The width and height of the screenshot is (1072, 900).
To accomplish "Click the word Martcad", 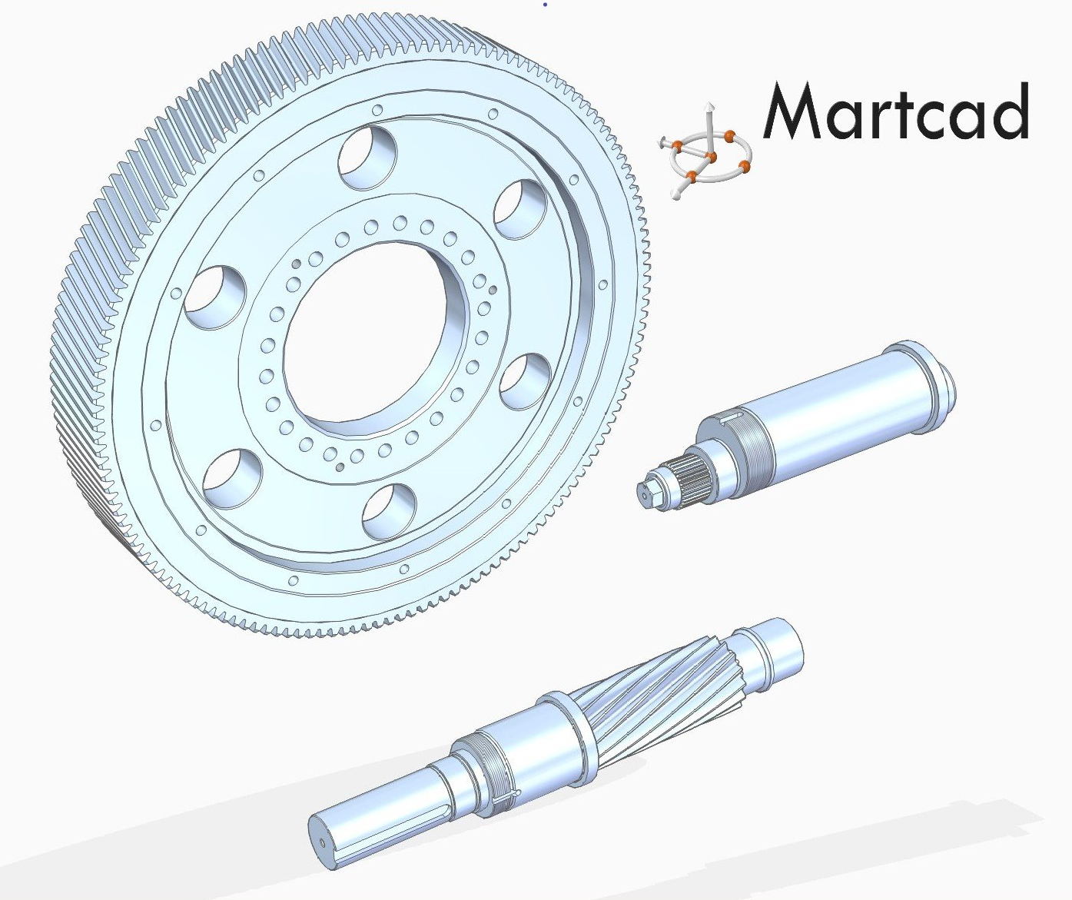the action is coord(896,111).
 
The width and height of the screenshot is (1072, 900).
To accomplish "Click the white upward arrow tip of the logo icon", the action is coord(709,106).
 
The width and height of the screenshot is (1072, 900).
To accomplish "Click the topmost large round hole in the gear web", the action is coord(367,158).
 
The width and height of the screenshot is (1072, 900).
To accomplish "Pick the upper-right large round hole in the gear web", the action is coord(520,208).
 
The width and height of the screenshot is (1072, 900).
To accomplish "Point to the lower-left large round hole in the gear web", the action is coord(232,479).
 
